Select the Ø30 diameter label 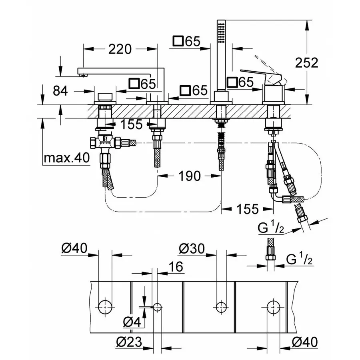(x=191, y=249)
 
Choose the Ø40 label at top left (x=74, y=249)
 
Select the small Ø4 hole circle (x=157, y=307)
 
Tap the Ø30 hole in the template (x=221, y=307)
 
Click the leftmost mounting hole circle (x=105, y=307)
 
